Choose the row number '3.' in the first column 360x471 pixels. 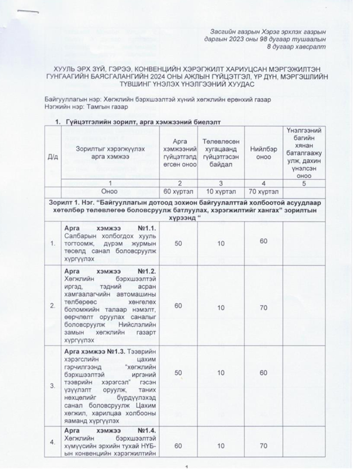(x=53, y=387)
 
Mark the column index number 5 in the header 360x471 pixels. (x=305, y=182)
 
